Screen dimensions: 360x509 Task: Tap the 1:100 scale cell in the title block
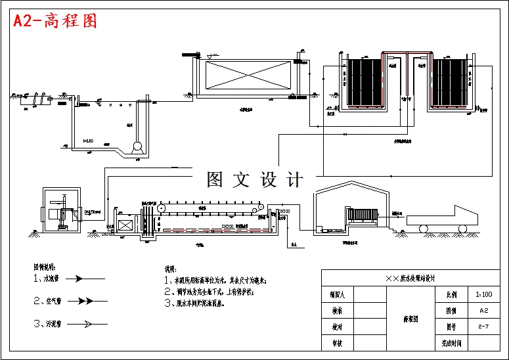point(483,295)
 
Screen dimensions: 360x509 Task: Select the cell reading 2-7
point(483,326)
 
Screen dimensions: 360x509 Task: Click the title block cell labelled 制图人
point(338,295)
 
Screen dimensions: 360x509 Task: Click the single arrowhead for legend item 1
point(77,279)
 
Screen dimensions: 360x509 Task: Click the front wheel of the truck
point(464,229)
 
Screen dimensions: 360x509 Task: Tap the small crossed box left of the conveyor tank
point(124,225)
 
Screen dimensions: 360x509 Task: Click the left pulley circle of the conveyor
point(161,208)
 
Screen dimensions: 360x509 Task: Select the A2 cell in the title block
point(483,311)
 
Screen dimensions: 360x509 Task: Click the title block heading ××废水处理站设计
point(413,279)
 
